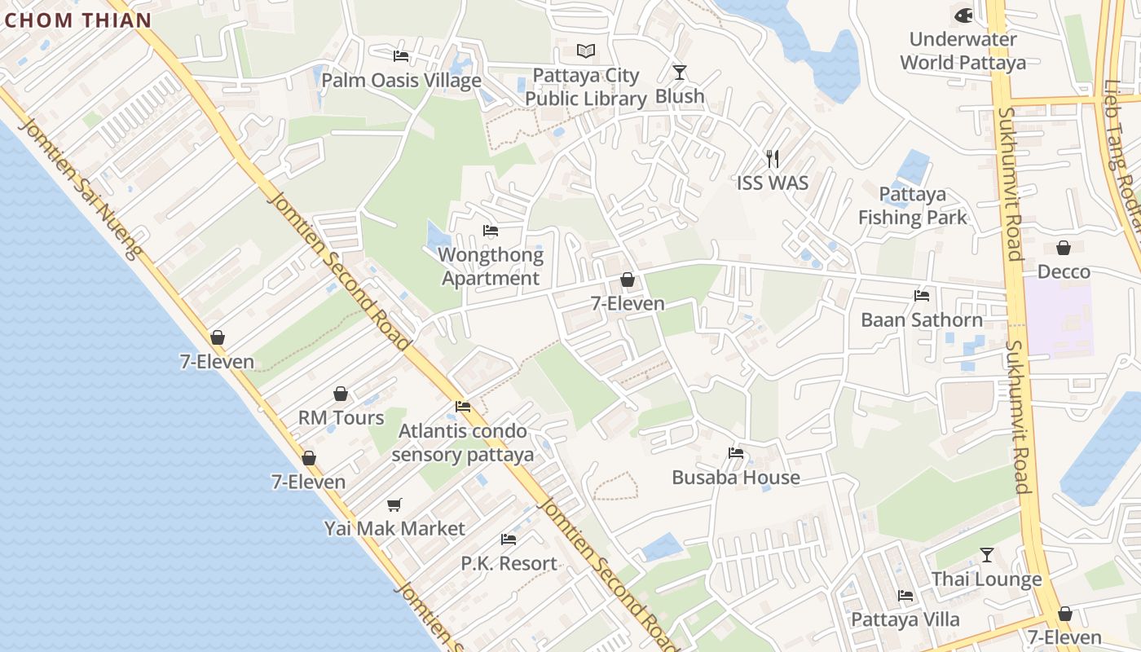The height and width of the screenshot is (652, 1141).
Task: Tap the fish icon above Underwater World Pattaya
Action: click(963, 15)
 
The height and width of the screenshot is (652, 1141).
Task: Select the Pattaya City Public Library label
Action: click(585, 87)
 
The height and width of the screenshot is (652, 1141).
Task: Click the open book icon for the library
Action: click(586, 51)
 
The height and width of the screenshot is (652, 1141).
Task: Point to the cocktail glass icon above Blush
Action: click(680, 72)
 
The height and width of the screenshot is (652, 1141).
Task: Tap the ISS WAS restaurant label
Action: click(773, 183)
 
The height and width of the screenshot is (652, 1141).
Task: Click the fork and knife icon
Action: click(773, 158)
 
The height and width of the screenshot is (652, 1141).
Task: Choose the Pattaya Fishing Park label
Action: click(913, 206)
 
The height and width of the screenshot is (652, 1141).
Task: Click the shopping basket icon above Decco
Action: click(1064, 247)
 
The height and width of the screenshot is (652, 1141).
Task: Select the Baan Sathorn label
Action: click(922, 319)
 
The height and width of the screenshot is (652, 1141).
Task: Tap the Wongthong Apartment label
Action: click(491, 267)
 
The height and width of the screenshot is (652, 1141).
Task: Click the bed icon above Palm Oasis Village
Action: click(401, 56)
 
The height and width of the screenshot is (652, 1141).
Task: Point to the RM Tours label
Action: click(341, 417)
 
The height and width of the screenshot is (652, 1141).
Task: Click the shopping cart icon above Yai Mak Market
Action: click(394, 505)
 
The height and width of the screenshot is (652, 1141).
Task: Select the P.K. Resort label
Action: click(509, 563)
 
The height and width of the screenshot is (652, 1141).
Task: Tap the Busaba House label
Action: click(736, 477)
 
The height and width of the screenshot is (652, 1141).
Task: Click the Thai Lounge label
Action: click(986, 579)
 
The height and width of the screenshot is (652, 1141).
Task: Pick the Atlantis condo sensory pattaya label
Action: click(462, 443)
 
